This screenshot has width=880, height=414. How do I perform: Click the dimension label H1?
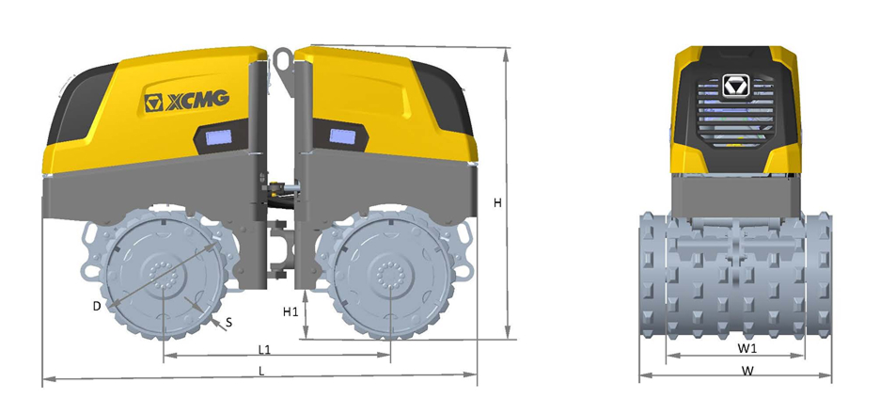(291, 311)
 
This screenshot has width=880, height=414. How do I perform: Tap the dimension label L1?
(264, 349)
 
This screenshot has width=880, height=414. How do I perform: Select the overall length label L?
(261, 370)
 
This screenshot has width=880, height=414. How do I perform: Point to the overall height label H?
(497, 203)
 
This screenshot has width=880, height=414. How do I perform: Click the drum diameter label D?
(97, 306)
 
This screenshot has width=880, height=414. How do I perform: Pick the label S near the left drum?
(228, 323)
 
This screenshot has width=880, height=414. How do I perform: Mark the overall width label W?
(747, 370)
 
